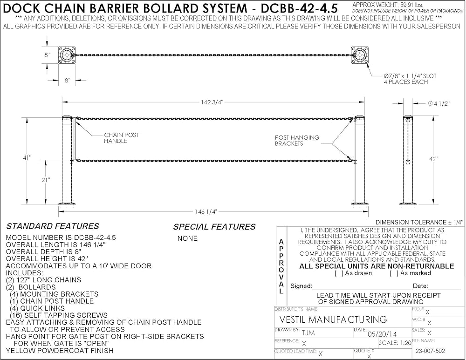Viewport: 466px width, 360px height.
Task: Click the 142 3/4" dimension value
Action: [x=212, y=102]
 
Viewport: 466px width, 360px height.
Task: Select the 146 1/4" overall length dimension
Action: [x=206, y=211]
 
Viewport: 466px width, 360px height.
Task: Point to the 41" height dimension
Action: [x=27, y=158]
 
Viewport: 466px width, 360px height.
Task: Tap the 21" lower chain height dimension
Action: [x=46, y=180]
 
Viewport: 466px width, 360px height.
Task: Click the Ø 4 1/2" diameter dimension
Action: [x=439, y=103]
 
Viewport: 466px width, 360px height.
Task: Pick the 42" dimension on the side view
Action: [x=433, y=159]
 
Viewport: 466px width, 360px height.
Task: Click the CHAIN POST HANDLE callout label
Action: [x=121, y=138]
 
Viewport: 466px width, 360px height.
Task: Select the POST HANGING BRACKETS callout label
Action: [x=297, y=141]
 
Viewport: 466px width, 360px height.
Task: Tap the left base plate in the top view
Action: [x=67, y=55]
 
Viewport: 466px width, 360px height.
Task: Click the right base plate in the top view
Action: [x=360, y=55]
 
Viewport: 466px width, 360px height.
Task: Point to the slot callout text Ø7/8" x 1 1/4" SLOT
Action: [x=410, y=76]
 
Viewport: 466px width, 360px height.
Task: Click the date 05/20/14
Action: [x=382, y=334]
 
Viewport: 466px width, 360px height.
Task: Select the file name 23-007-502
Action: [x=430, y=351]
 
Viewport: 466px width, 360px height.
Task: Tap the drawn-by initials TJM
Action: [x=308, y=333]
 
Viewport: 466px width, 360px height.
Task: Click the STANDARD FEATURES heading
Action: [x=53, y=226]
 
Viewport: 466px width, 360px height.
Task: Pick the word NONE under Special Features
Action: [x=187, y=238]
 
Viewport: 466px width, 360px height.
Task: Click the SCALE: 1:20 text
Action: [x=395, y=343]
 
